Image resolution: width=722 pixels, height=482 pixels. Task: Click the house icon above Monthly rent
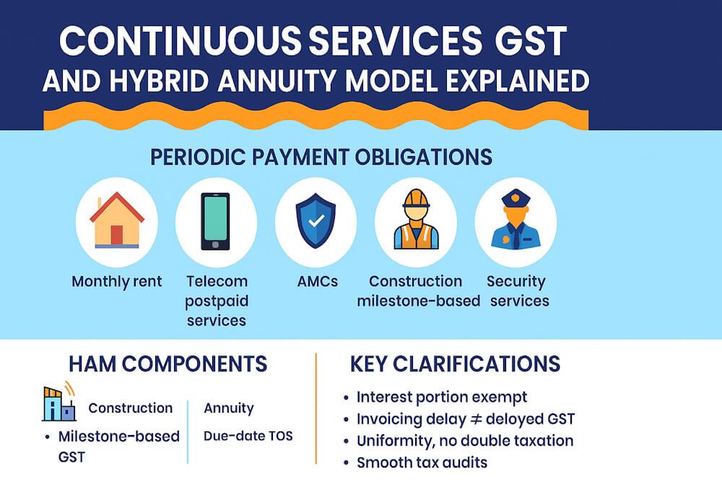[x=116, y=220]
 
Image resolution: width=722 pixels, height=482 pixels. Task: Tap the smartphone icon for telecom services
[x=215, y=221]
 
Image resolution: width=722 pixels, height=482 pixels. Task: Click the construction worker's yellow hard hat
[x=416, y=199]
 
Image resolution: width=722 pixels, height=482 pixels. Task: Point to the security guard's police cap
[x=516, y=198]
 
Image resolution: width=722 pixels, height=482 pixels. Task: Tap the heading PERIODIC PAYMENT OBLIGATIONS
[x=321, y=157]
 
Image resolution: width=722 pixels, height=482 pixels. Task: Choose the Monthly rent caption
[x=116, y=282]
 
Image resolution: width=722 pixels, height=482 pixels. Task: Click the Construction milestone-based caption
[x=418, y=291]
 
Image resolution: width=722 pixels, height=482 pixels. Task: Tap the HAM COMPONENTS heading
[x=168, y=363]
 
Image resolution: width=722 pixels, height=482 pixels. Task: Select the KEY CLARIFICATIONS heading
[x=455, y=363]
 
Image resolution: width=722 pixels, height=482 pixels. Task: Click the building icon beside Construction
[x=58, y=403]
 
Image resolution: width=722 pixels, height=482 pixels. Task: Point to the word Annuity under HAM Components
[x=229, y=408]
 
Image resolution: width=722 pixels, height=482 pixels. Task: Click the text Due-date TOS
[x=248, y=436]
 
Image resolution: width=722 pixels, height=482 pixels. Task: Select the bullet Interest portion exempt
[x=441, y=397]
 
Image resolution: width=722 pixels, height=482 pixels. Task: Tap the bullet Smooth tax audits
[x=422, y=462]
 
